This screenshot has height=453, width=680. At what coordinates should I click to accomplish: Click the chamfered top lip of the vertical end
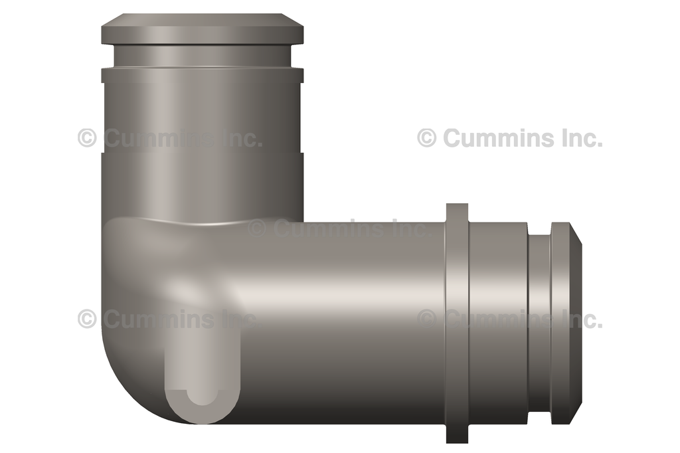[203, 29]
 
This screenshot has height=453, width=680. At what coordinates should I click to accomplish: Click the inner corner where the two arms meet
[303, 221]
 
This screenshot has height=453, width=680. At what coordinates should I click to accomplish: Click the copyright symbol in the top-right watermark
[427, 137]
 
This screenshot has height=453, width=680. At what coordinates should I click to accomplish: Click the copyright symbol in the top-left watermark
[87, 137]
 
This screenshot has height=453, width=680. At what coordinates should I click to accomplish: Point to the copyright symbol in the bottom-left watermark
[87, 319]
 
